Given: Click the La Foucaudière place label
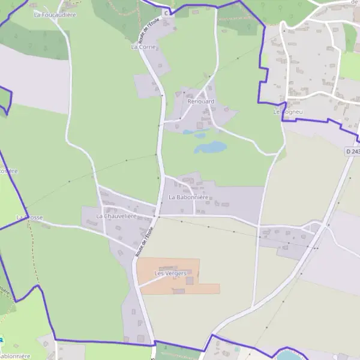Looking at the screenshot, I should click(x=55, y=14).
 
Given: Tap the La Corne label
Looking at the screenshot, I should click(x=143, y=46).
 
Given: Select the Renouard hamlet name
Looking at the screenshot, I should click(x=201, y=101).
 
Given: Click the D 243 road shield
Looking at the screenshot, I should click(x=352, y=152).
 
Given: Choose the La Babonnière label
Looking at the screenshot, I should click(x=188, y=197).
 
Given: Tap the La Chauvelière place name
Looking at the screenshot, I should click(x=116, y=216).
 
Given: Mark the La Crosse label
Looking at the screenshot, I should click(x=29, y=218).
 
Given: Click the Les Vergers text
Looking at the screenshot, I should click(x=170, y=274).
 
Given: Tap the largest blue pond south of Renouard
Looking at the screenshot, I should click(x=210, y=147).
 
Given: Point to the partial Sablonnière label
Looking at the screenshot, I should click(x=15, y=355).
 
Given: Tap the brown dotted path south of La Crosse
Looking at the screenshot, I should click(x=31, y=252).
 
